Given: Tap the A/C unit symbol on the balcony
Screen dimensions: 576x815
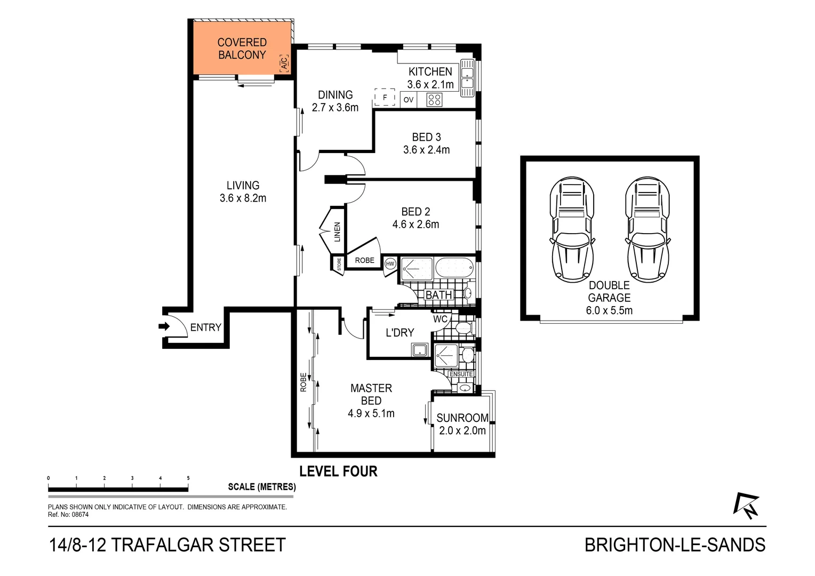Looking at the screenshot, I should pyautogui.click(x=284, y=63).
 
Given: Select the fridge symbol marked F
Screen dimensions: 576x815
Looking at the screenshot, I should pyautogui.click(x=385, y=98).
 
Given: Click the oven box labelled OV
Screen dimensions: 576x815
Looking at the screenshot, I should pyautogui.click(x=409, y=100).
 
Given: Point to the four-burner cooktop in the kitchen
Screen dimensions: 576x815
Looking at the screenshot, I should pyautogui.click(x=435, y=100).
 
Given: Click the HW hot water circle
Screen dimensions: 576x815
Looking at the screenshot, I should pyautogui.click(x=390, y=263).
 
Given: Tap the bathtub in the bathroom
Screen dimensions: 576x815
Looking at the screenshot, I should pyautogui.click(x=455, y=267).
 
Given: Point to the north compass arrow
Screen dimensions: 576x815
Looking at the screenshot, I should pyautogui.click(x=746, y=505).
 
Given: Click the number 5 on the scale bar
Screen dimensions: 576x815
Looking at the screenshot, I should pyautogui.click(x=188, y=478).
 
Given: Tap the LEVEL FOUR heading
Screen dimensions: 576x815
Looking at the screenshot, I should pyautogui.click(x=338, y=471).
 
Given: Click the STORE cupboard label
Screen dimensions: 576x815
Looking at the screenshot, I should pyautogui.click(x=339, y=264).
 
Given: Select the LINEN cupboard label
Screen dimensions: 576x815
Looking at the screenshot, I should pyautogui.click(x=337, y=232).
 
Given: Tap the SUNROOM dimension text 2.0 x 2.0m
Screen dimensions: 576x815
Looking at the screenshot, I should pyautogui.click(x=462, y=431).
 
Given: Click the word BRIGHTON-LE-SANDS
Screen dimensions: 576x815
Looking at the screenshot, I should pyautogui.click(x=675, y=545).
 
